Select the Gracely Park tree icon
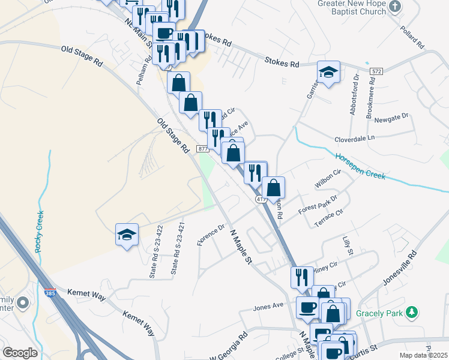[412, 312]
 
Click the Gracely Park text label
[379, 313]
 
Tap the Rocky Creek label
[39, 231]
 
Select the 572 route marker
[376, 71]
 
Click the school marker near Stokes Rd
[328, 73]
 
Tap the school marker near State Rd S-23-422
[127, 235]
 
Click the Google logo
[20, 353]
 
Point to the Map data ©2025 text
[423, 355]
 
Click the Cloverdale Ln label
[355, 137]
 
